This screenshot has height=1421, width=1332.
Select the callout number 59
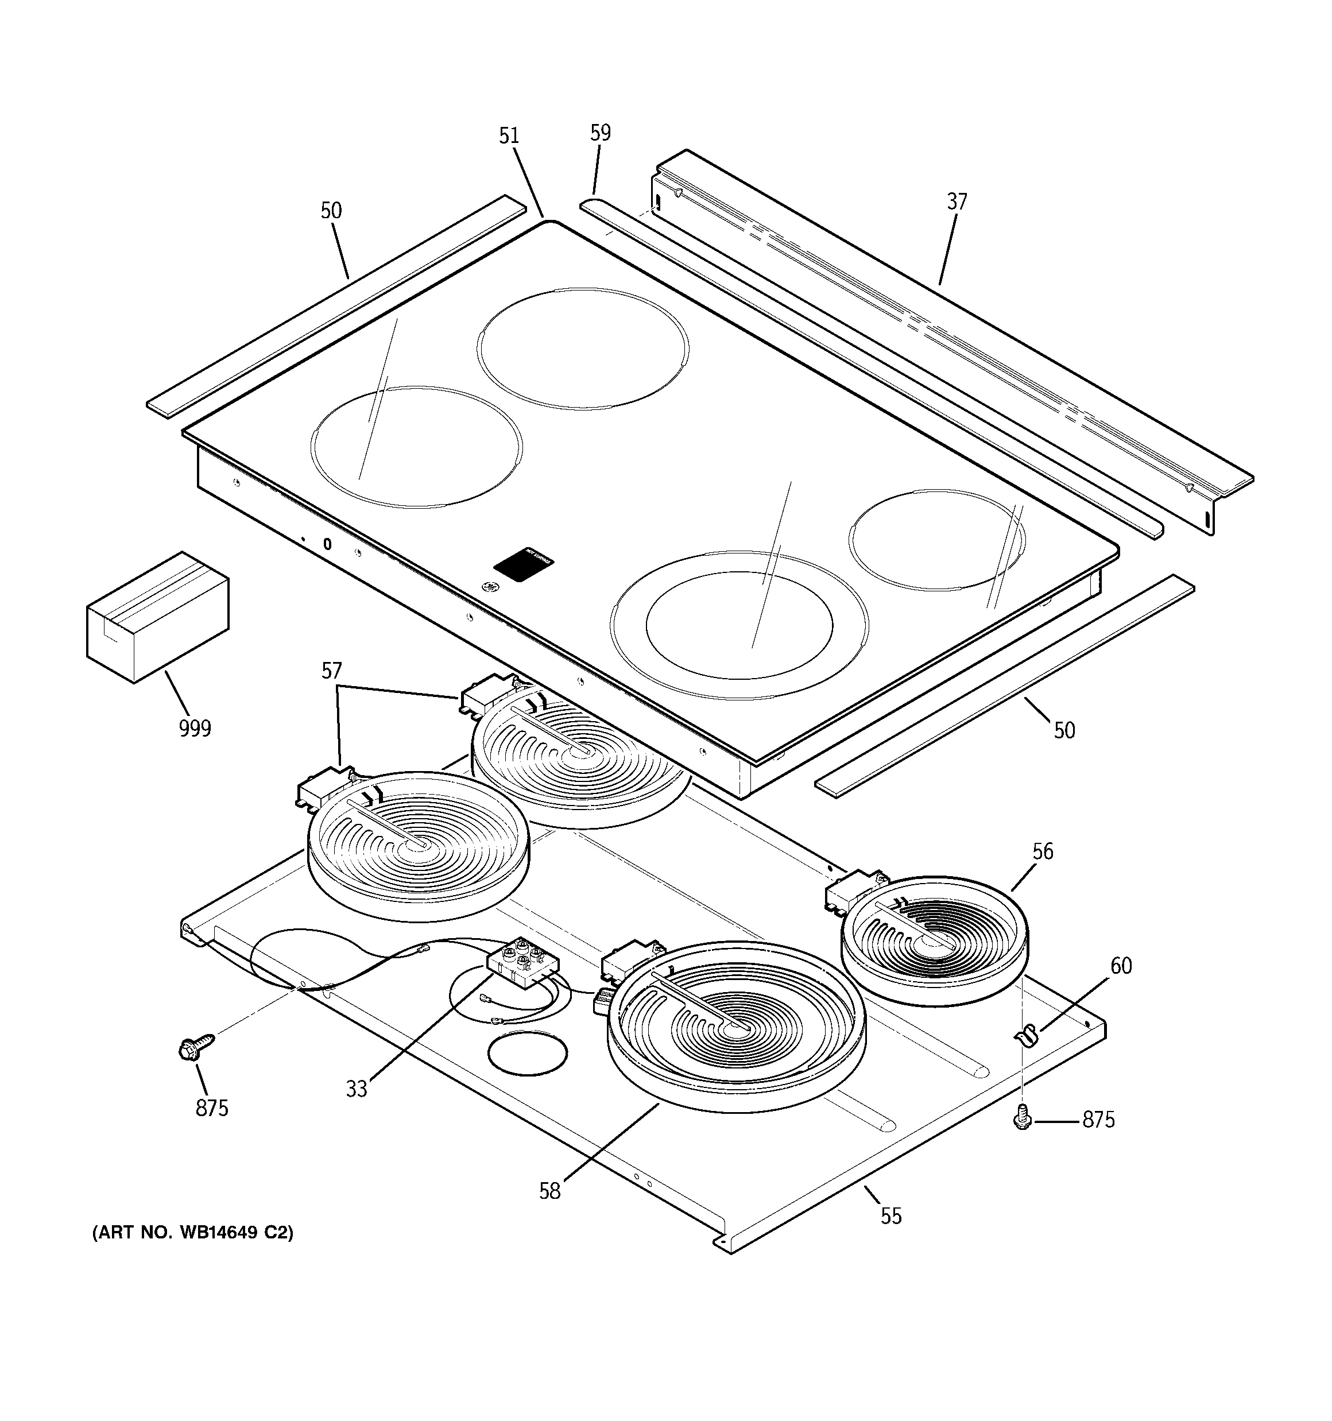[601, 133]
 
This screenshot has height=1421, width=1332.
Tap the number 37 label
[957, 202]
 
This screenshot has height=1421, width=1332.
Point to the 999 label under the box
[195, 729]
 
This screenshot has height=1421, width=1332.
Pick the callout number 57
[332, 671]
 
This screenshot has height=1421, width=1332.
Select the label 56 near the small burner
[1043, 851]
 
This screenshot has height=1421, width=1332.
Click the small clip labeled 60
[1025, 1034]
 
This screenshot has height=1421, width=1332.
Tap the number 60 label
[1120, 966]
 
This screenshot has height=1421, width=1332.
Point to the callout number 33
[356, 1089]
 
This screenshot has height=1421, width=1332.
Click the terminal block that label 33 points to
[521, 963]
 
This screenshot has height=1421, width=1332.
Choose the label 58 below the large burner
[550, 1191]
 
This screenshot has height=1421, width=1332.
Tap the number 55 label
[891, 1216]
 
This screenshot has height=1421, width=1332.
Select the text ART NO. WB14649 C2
[193, 1233]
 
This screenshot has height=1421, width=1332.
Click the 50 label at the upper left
[331, 211]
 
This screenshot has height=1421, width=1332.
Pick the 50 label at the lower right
[1064, 730]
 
